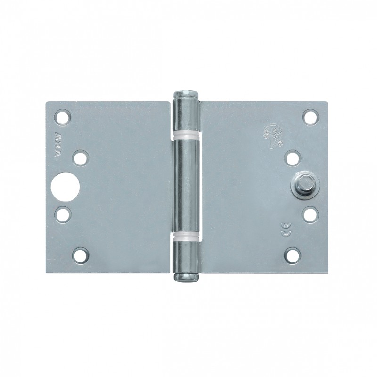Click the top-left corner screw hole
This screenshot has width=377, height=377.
click(x=63, y=116)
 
